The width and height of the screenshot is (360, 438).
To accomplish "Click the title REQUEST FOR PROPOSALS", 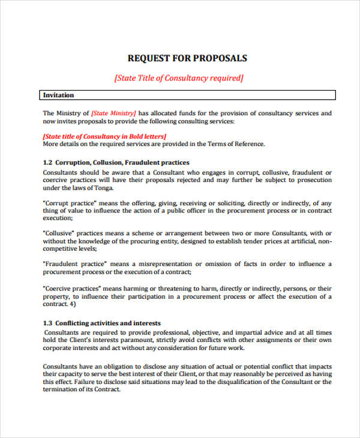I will [187, 58].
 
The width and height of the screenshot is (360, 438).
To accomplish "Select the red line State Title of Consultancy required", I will [179, 78].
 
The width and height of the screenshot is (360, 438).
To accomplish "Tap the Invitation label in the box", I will [59, 95].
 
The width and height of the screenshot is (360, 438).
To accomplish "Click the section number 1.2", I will [48, 163].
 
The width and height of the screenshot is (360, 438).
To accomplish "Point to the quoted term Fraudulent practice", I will [75, 264].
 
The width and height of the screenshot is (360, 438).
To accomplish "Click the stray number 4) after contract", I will [72, 304].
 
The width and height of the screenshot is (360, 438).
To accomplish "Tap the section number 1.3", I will [48, 323].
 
